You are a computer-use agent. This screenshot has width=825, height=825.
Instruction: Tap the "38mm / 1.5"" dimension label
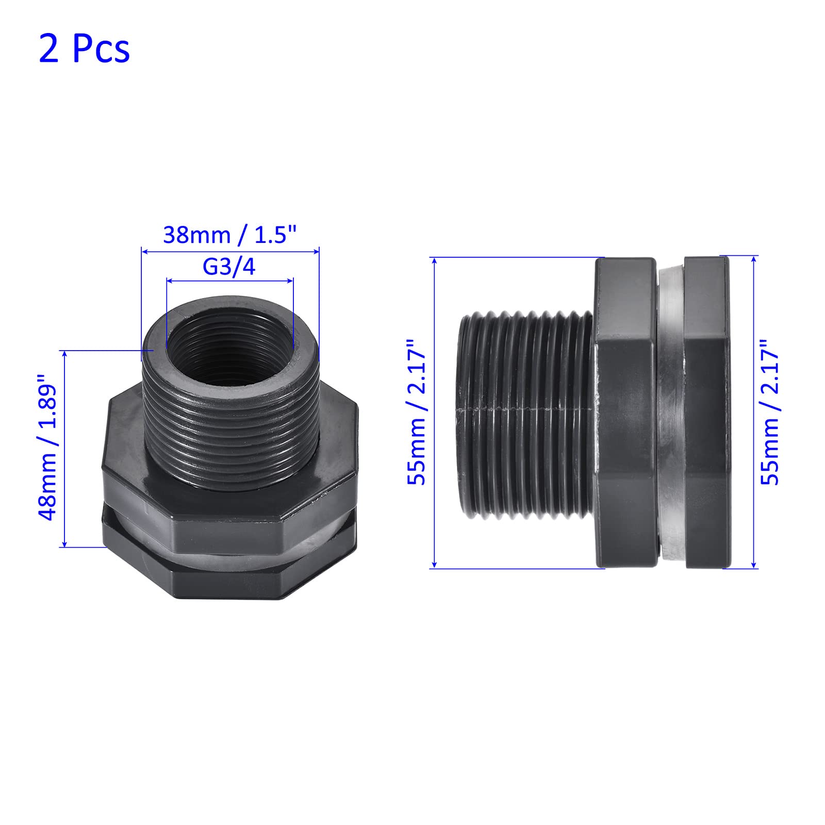point(230,235)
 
